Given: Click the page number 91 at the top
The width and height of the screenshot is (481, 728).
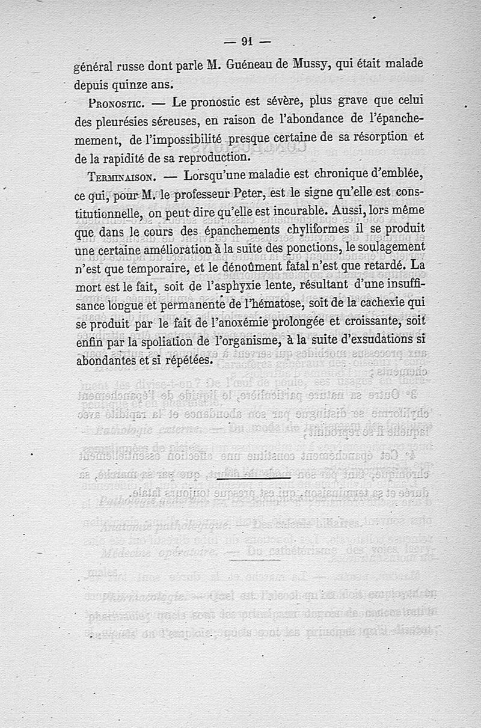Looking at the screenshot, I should tap(247, 41).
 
